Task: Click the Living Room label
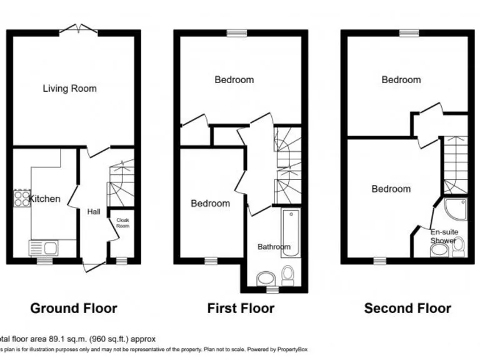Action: point(69,89)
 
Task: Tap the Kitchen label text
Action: point(46,199)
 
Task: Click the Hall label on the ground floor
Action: point(94,212)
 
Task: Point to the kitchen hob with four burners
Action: point(21,198)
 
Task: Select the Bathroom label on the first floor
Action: point(274,247)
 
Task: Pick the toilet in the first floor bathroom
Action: point(288,275)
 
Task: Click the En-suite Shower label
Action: point(444,236)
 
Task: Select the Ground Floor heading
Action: point(74,308)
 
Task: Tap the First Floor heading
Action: point(241,308)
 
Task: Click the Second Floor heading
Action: point(407,308)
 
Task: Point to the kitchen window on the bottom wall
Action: point(44,261)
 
